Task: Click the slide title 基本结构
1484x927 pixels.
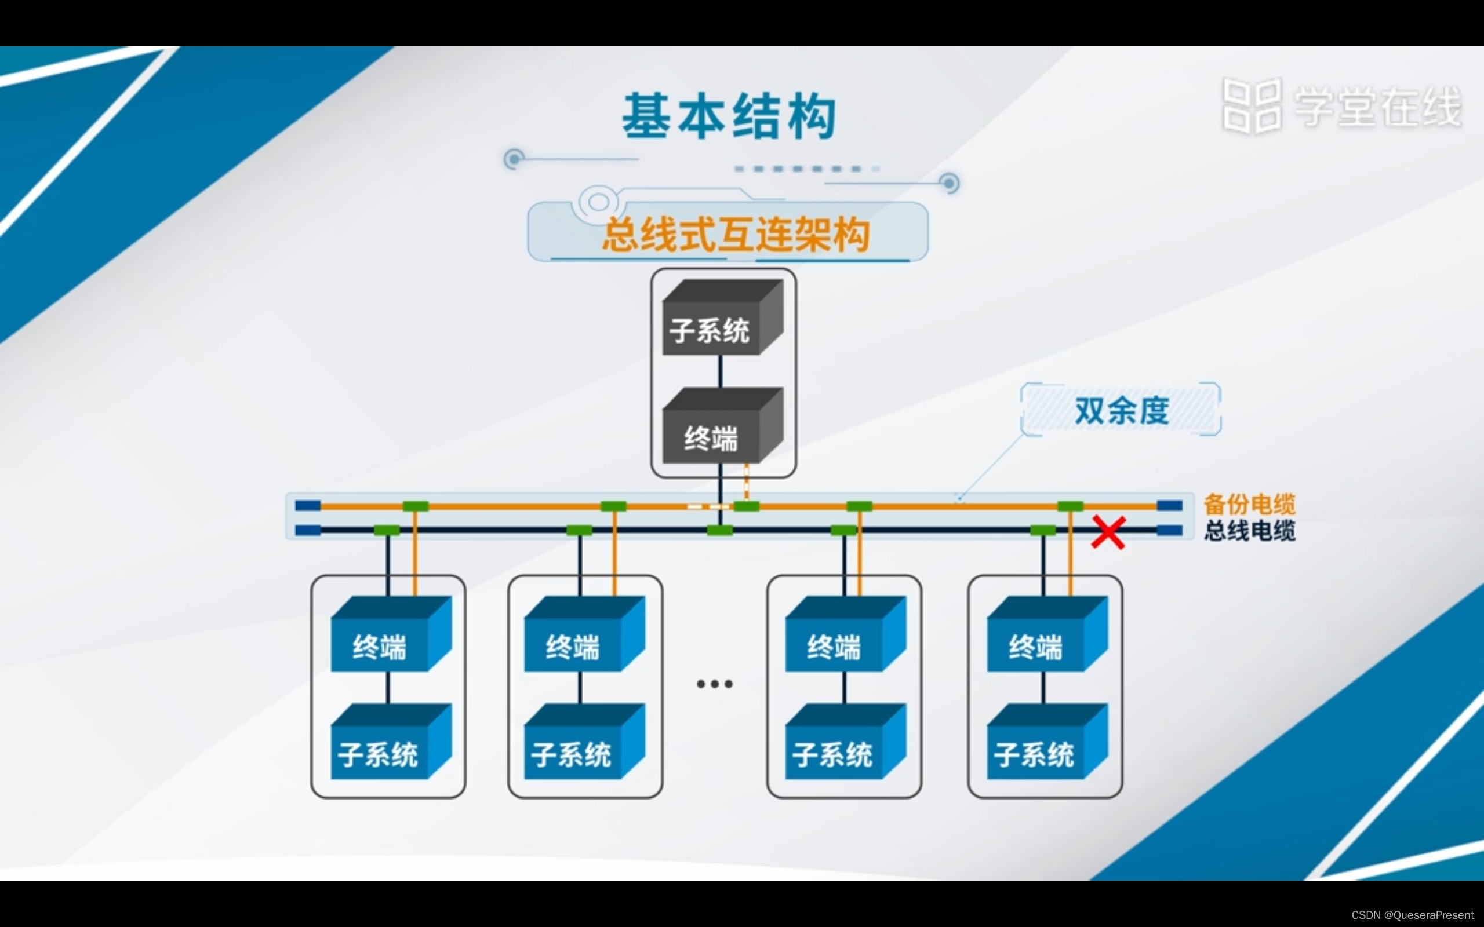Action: tap(729, 116)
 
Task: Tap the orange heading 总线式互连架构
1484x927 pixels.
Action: tap(735, 234)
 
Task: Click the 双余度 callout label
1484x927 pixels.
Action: tap(1121, 410)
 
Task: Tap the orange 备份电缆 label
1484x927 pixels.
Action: tap(1249, 505)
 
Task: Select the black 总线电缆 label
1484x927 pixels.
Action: tap(1249, 530)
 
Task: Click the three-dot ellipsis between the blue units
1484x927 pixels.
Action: tap(714, 684)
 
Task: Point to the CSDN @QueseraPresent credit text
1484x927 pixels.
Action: tap(1412, 915)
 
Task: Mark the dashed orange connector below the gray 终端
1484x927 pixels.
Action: tap(746, 482)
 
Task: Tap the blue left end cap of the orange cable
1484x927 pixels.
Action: tap(308, 506)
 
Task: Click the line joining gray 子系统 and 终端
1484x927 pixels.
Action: tap(721, 371)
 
